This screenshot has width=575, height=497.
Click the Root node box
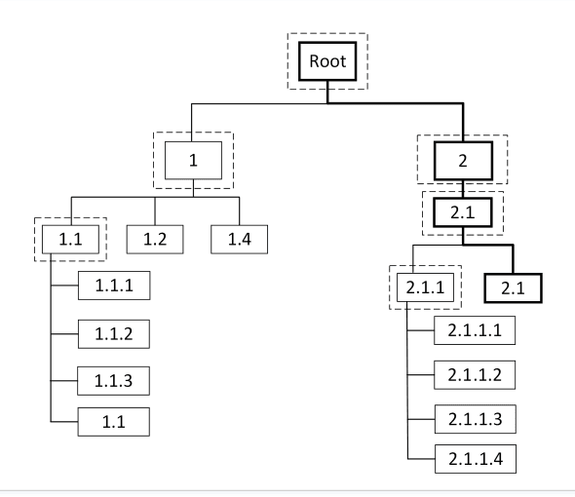(326, 61)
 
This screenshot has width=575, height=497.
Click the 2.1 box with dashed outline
(463, 211)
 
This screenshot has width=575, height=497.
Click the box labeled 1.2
(155, 237)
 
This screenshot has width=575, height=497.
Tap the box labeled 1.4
(238, 237)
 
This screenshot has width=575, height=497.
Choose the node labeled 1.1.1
(115, 287)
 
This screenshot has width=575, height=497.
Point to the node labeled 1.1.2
(115, 332)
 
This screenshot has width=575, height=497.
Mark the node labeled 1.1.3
(115, 378)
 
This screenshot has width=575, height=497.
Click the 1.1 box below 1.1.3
(115, 421)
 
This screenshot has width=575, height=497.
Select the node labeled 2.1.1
(421, 288)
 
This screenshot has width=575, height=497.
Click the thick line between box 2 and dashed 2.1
(463, 184)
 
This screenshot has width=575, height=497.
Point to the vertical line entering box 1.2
(155, 211)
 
